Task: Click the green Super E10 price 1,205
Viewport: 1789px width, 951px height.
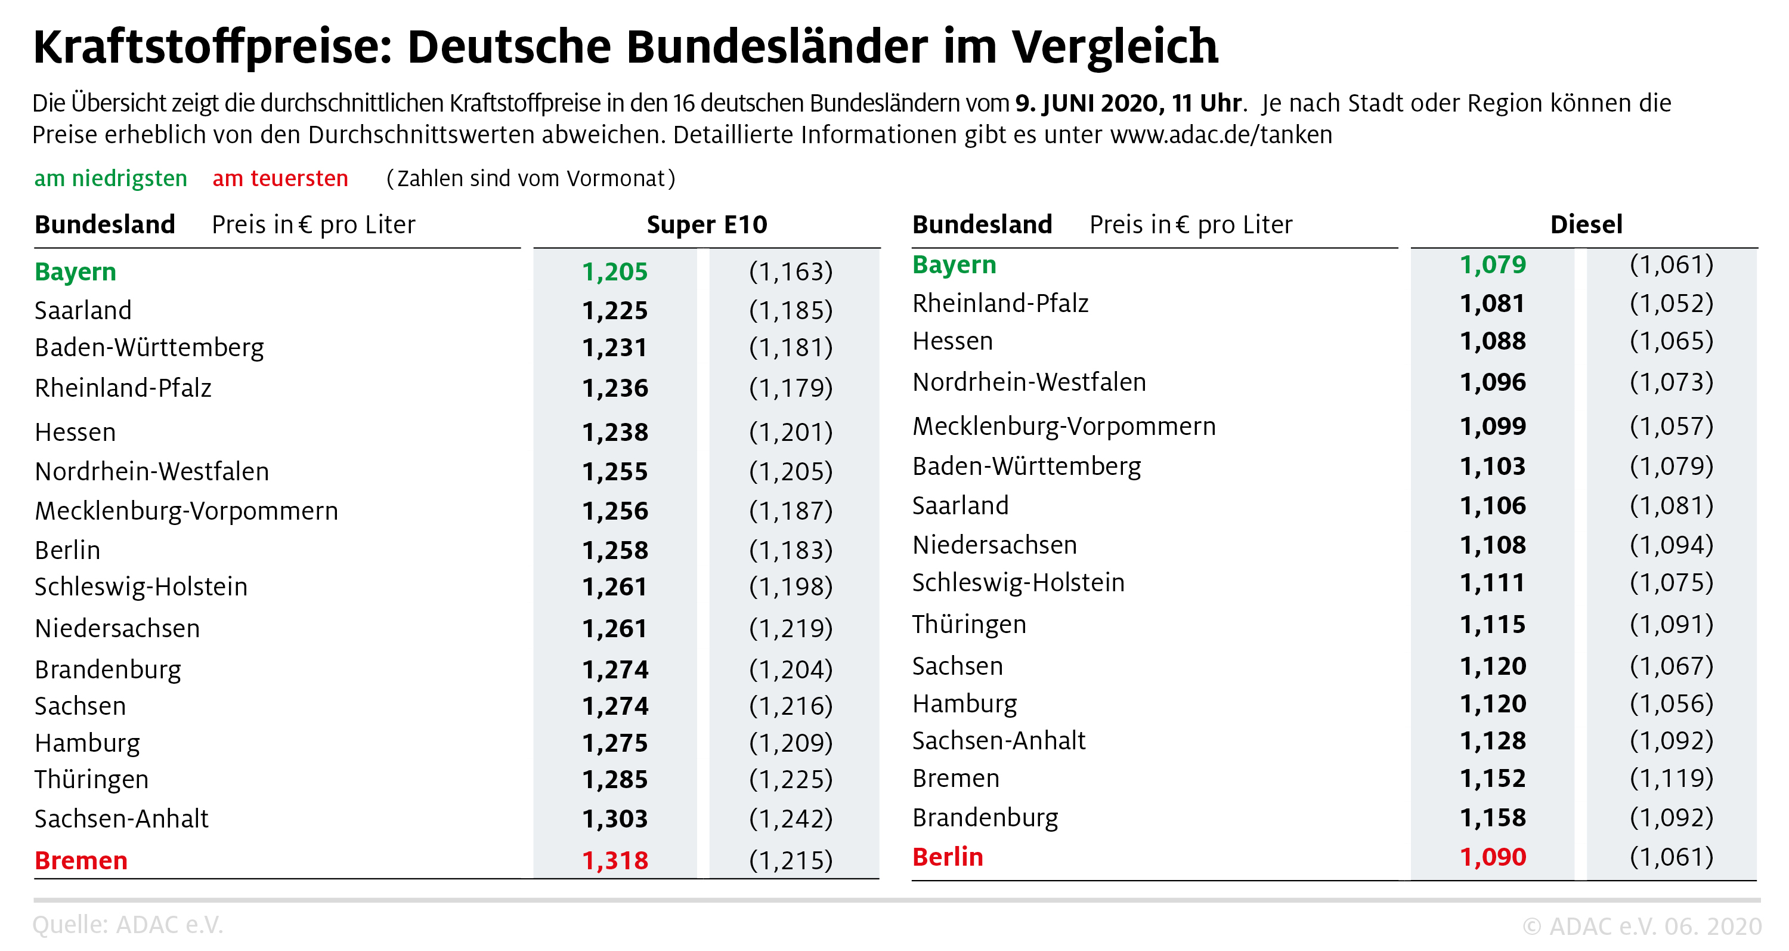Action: click(615, 271)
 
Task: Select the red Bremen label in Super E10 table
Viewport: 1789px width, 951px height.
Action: click(81, 861)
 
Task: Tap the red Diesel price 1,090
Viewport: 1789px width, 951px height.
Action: click(1493, 857)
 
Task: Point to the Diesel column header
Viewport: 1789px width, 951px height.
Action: click(1586, 225)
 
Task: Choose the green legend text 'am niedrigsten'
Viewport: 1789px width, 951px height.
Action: click(111, 178)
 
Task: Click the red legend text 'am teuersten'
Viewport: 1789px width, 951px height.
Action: click(280, 178)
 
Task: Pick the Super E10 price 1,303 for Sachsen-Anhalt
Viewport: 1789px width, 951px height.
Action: click(615, 819)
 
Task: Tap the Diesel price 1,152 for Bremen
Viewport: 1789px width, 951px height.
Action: click(1493, 779)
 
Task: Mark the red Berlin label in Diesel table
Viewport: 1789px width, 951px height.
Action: click(948, 857)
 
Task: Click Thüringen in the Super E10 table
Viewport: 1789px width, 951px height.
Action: click(92, 779)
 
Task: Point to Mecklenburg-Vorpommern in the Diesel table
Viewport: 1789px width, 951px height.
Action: click(1063, 426)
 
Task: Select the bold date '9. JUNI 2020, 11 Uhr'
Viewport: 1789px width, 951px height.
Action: click(1128, 103)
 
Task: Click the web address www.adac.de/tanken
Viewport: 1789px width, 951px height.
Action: click(1221, 135)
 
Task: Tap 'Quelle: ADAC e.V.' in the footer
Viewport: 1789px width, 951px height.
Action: click(128, 925)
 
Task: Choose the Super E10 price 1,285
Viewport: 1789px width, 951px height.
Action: click(615, 779)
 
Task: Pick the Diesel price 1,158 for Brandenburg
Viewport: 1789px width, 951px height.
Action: click(1493, 817)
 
